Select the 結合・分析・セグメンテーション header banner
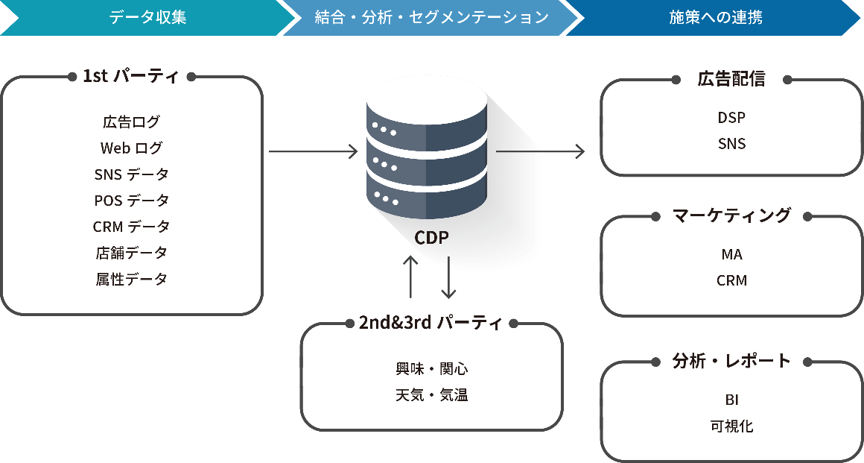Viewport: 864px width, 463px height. tap(431, 17)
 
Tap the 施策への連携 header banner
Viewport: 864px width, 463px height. tap(715, 17)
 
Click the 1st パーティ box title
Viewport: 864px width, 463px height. tap(130, 76)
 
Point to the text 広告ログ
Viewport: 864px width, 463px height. tap(131, 122)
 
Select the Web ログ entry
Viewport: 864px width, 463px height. tap(131, 148)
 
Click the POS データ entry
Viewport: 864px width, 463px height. tap(131, 201)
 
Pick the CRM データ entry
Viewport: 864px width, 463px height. tap(131, 227)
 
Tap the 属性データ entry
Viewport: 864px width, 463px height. tap(131, 279)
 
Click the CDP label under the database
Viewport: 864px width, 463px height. tap(431, 238)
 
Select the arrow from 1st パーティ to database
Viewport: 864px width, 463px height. tap(313, 152)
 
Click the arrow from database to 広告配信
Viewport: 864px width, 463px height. tap(540, 152)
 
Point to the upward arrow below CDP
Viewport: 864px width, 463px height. tap(410, 277)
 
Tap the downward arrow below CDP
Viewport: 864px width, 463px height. tap(448, 277)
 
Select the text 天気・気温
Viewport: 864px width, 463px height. tap(431, 395)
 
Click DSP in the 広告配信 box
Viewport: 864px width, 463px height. tap(731, 117)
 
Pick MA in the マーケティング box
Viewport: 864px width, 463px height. tap(731, 254)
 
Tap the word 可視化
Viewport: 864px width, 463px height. tap(731, 426)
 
